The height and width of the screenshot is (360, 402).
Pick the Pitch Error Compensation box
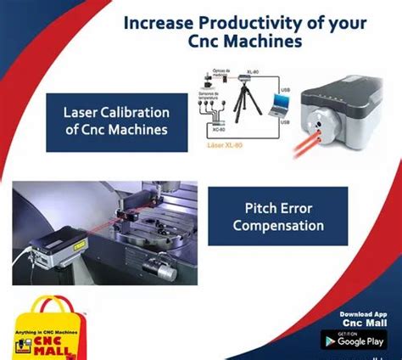pyautogui.click(x=278, y=217)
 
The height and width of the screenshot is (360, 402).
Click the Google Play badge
pyautogui.click(x=355, y=340)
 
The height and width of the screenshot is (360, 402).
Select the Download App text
pyautogui.click(x=356, y=314)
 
